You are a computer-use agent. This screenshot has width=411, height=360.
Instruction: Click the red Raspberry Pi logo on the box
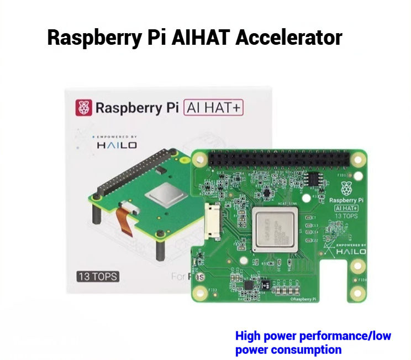coord(85,107)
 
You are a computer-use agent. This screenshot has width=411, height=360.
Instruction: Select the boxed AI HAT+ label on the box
coord(213,107)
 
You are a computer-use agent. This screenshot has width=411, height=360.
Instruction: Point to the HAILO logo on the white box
coord(115,145)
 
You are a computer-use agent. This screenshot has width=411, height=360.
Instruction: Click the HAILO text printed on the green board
coord(351,252)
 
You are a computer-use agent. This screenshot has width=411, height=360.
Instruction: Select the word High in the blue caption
coord(247,336)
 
